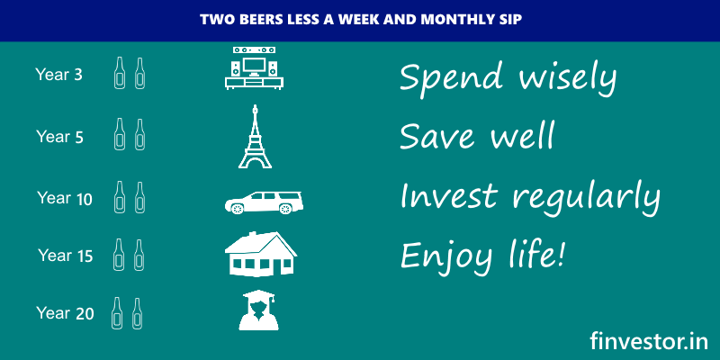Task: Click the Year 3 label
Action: [x=58, y=75]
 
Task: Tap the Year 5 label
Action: [x=59, y=137]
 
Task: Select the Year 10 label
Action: [x=65, y=198]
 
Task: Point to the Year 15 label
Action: [x=66, y=256]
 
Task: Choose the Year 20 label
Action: [x=65, y=313]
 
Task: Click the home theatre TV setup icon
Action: [x=254, y=67]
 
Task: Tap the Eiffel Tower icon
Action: [x=255, y=137]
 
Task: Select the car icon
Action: [x=264, y=202]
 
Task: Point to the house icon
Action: [x=260, y=254]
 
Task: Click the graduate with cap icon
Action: [x=258, y=310]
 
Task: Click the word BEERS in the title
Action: [x=245, y=20]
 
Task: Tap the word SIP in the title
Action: [x=511, y=20]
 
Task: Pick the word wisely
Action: [x=567, y=77]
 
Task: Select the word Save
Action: [x=436, y=135]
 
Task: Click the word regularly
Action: [x=587, y=196]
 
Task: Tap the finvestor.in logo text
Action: [x=649, y=341]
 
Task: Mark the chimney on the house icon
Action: [x=252, y=235]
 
